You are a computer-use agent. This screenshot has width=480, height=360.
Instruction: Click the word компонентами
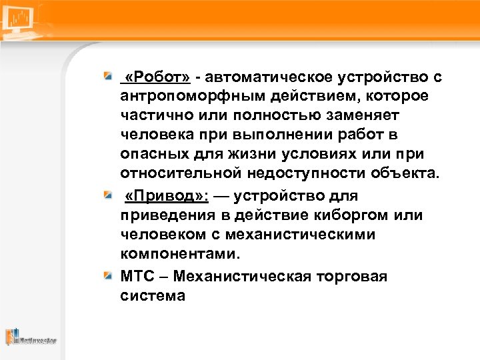[179, 254]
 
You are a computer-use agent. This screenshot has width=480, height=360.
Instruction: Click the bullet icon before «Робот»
[107, 78]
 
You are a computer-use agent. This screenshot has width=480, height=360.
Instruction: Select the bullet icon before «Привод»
[107, 196]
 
